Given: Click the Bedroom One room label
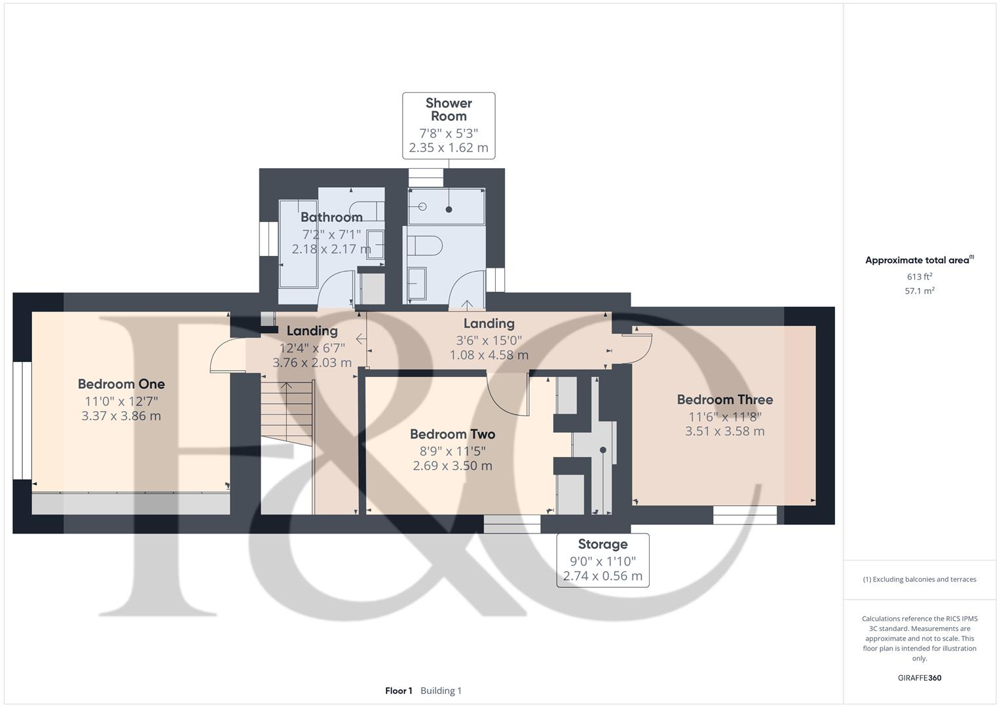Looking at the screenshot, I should [x=121, y=384].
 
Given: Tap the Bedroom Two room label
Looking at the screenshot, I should [x=452, y=434].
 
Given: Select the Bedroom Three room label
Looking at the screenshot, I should [x=724, y=399].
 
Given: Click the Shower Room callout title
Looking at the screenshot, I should [x=449, y=109].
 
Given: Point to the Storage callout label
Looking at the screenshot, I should [x=602, y=544].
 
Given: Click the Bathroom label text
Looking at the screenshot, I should [x=331, y=217].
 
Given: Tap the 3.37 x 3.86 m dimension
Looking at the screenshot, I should [x=121, y=416].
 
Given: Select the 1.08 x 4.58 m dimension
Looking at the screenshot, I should [x=489, y=355].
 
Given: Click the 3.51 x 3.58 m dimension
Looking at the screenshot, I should [x=724, y=431].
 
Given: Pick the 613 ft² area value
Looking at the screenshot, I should [x=919, y=277].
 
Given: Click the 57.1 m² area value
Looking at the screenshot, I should [x=919, y=291].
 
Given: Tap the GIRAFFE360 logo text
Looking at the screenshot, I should [x=919, y=678].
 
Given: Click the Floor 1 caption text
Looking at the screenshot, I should [x=399, y=691].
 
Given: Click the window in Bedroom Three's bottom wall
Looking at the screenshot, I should [x=745, y=515].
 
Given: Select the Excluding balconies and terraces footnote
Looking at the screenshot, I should [x=919, y=579].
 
